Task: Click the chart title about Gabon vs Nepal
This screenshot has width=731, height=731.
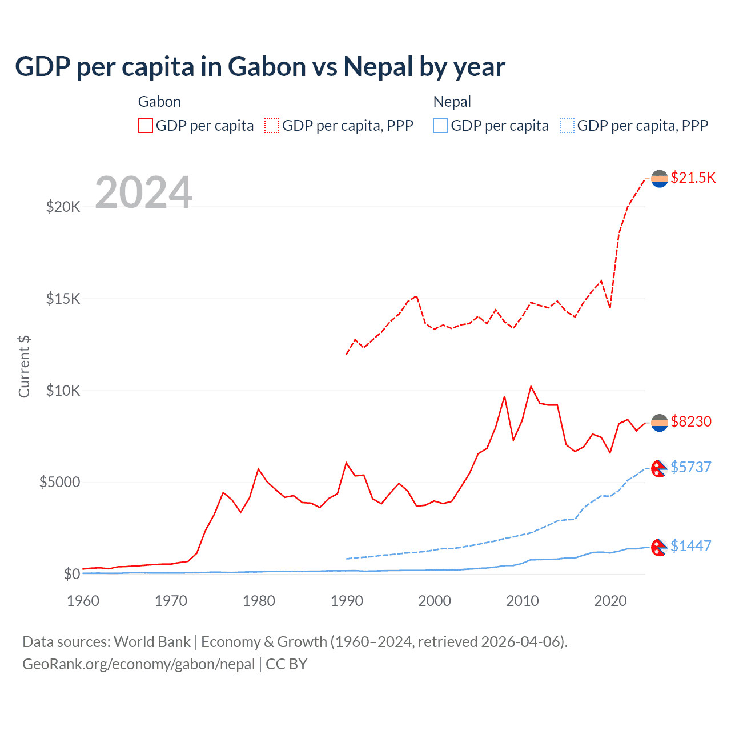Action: [260, 67]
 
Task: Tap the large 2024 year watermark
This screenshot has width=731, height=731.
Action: [143, 192]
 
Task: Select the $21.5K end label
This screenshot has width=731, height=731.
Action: [693, 178]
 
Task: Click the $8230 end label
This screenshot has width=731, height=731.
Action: [691, 421]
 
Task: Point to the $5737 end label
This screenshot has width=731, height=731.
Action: [691, 467]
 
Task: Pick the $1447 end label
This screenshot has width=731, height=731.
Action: [691, 546]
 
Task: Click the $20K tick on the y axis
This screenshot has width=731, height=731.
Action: [63, 207]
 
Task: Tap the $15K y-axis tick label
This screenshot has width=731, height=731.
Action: [63, 299]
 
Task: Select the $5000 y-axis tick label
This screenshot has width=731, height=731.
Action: [60, 483]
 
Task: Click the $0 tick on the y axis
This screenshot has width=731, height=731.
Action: [72, 574]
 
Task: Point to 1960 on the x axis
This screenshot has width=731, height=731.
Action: [83, 601]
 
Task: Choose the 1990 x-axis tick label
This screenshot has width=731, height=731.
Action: [347, 601]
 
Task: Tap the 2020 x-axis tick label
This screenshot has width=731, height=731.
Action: [610, 601]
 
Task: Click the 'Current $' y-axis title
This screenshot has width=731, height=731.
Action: [24, 366]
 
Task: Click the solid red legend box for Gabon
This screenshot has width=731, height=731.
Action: [146, 126]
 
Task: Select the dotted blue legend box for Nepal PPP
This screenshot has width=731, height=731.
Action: [567, 126]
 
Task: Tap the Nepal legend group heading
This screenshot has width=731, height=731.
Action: [452, 102]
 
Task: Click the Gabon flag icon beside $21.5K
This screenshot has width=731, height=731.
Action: [660, 179]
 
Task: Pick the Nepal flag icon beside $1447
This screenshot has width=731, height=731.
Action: [660, 547]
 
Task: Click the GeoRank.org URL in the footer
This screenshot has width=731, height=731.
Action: [139, 664]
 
